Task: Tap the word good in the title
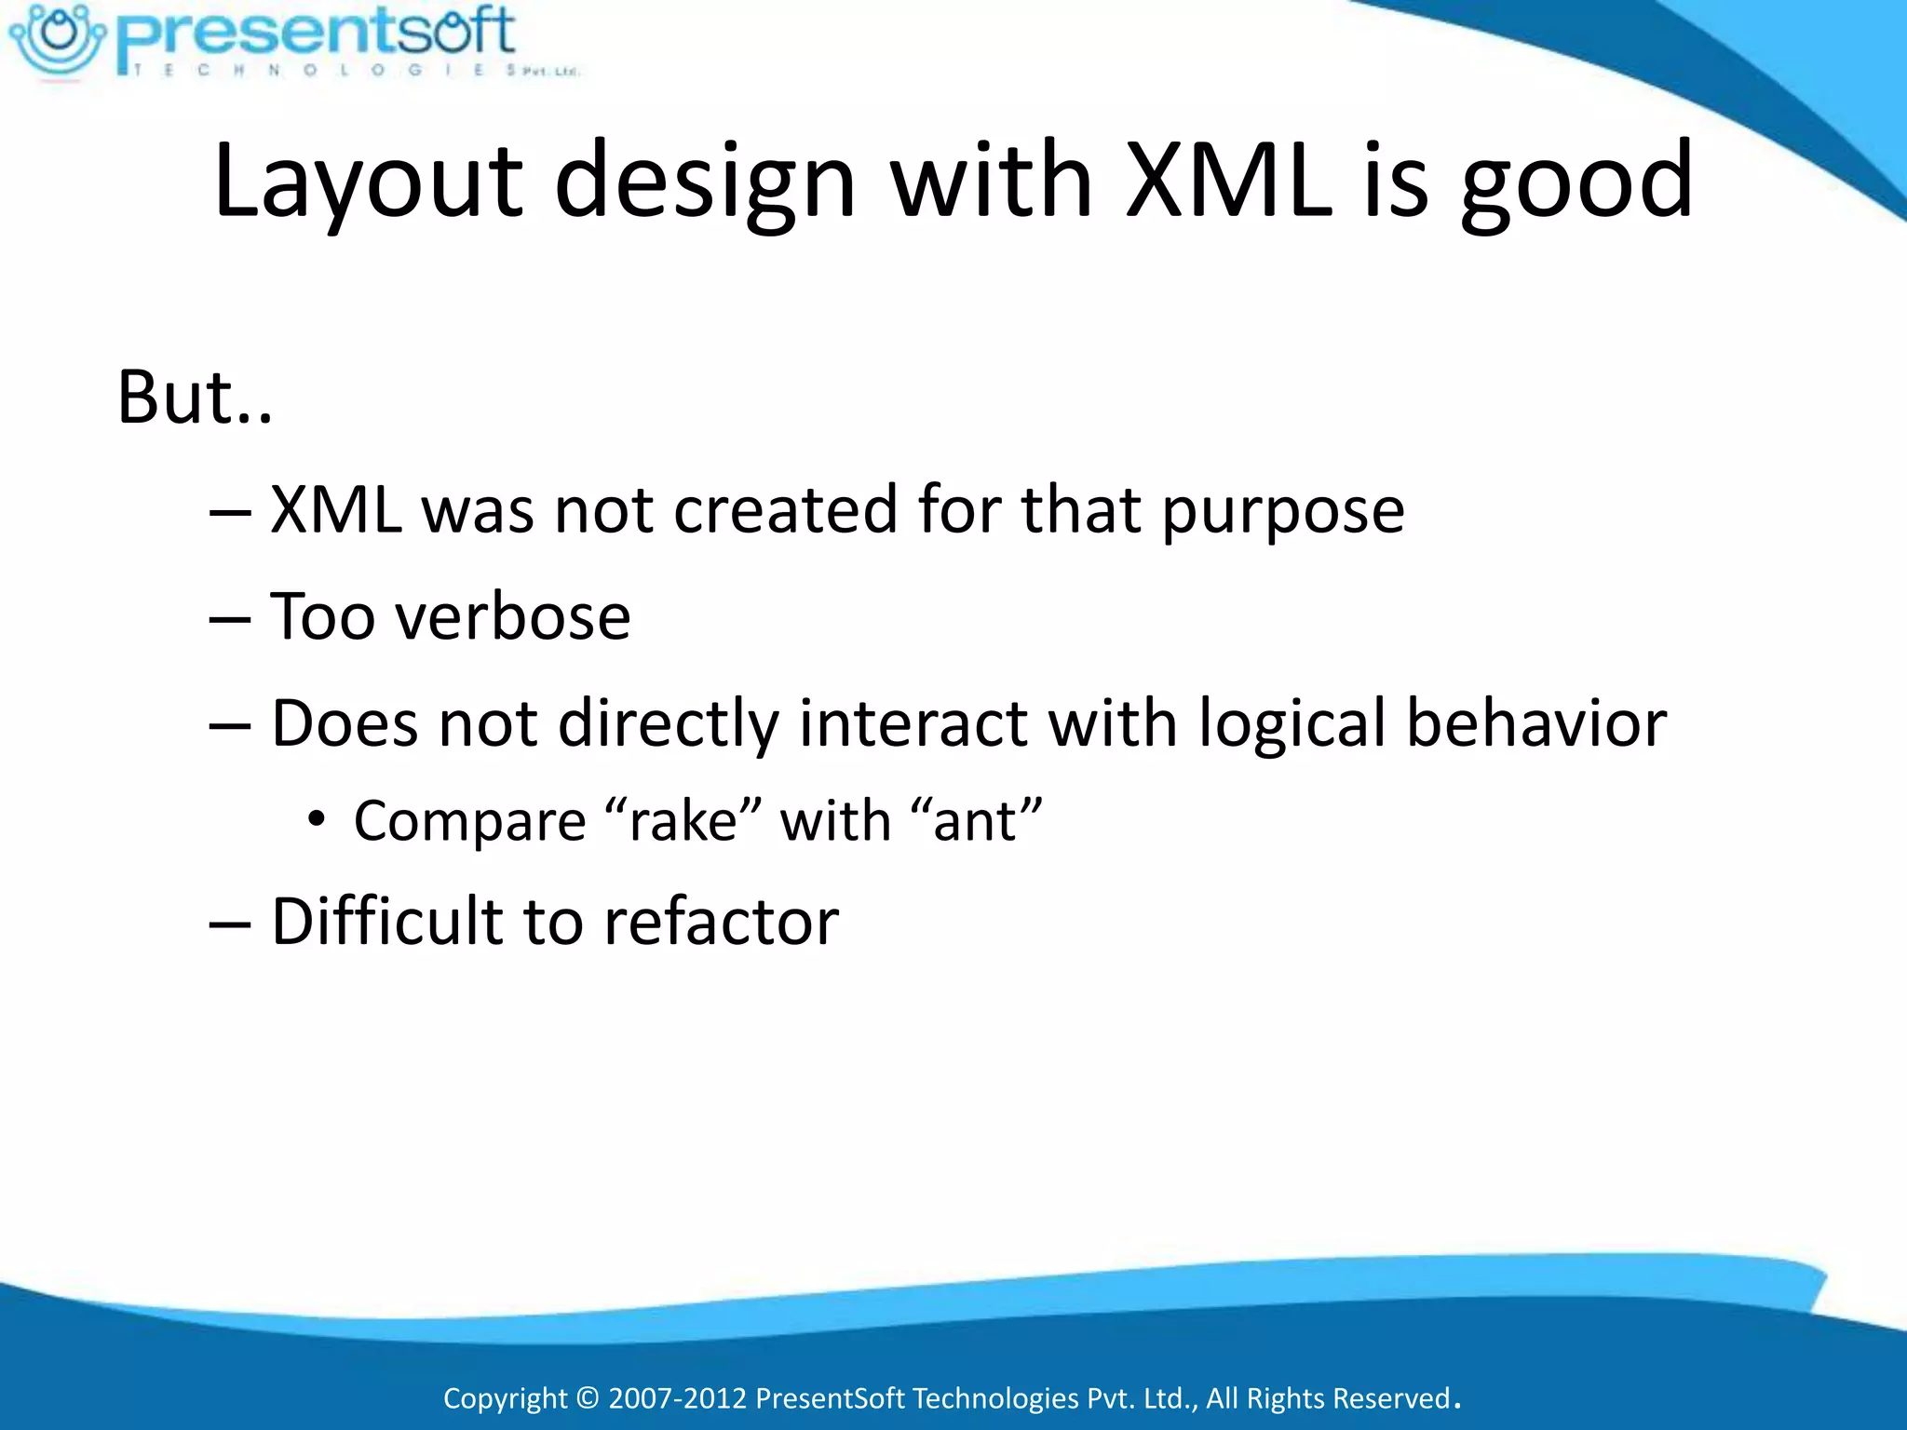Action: (1576, 186)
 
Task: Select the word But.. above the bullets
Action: (195, 398)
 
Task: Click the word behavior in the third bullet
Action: (1535, 723)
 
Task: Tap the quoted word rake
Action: (683, 822)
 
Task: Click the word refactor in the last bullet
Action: (721, 922)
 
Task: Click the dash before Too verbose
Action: (230, 619)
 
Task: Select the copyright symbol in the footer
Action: (588, 1398)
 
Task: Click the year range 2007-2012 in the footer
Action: (677, 1398)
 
